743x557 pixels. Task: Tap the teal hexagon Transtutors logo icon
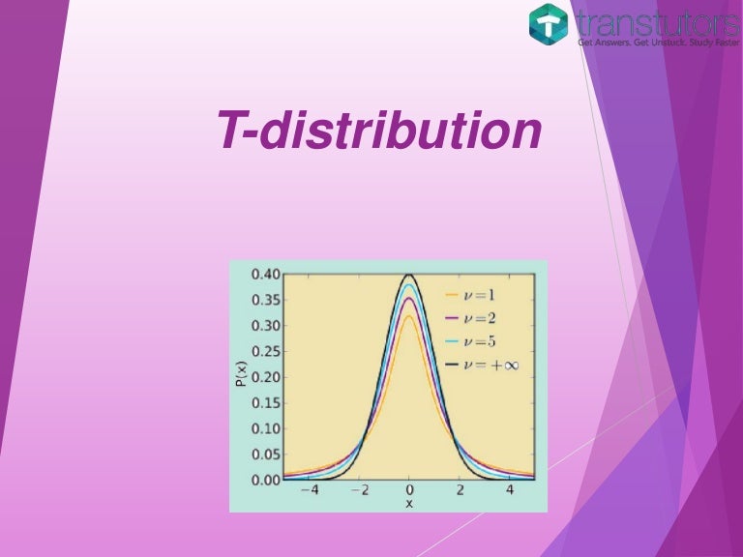(x=549, y=24)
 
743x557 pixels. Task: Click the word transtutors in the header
(x=657, y=21)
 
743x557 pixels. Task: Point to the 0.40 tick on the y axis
(x=266, y=274)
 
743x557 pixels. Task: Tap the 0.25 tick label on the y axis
(x=266, y=351)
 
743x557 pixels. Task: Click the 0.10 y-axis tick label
(x=266, y=428)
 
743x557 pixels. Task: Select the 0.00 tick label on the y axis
(x=266, y=480)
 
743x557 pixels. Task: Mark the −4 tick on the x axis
(x=309, y=490)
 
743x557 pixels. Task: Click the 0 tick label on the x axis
(x=409, y=490)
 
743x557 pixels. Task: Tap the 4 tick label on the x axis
(x=510, y=490)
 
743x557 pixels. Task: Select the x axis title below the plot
(x=408, y=504)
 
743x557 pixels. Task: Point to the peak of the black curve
(x=409, y=275)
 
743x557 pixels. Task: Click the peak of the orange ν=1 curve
(x=409, y=316)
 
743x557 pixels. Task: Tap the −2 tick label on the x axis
(x=358, y=490)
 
